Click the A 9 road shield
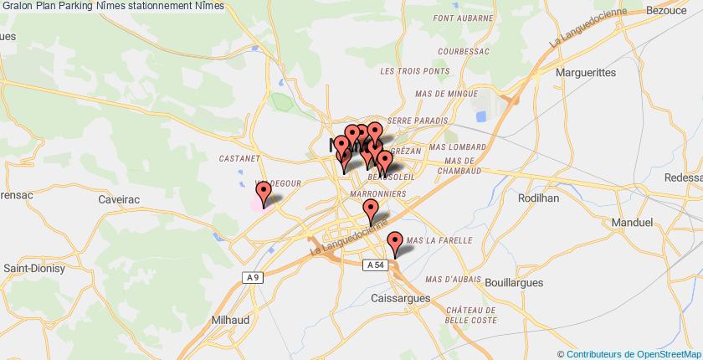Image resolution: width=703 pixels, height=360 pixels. [x=250, y=278]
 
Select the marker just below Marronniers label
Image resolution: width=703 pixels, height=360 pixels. [x=372, y=213]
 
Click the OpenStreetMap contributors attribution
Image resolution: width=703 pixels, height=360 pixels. [x=629, y=353]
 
